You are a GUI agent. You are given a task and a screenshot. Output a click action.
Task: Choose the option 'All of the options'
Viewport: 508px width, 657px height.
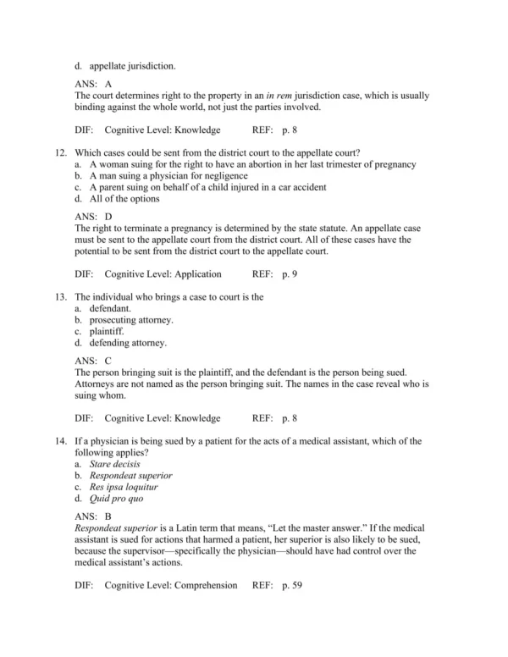click(x=124, y=199)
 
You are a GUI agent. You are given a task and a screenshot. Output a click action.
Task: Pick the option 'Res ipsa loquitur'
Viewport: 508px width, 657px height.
click(x=124, y=487)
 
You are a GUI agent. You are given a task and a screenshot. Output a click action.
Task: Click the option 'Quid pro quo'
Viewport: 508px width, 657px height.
click(x=117, y=499)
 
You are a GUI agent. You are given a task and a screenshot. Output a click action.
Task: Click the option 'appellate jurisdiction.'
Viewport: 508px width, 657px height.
click(x=132, y=64)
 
